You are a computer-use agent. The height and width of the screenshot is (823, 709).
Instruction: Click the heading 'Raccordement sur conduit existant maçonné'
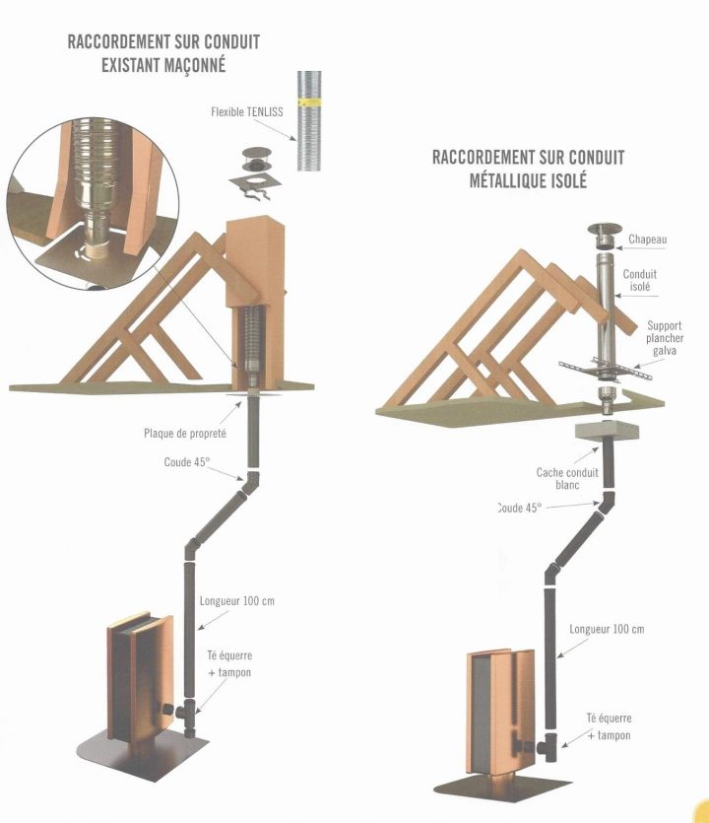point(163,54)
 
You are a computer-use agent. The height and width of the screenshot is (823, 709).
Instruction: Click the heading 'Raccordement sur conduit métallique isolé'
point(528,169)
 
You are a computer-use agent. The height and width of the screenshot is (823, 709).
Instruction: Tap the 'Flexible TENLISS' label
point(246,112)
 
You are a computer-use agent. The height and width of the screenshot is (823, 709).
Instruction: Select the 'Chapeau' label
point(648,240)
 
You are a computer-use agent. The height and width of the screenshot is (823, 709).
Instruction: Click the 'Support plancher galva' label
point(665,338)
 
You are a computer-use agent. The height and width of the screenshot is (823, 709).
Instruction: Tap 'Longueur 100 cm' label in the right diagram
point(607,629)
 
